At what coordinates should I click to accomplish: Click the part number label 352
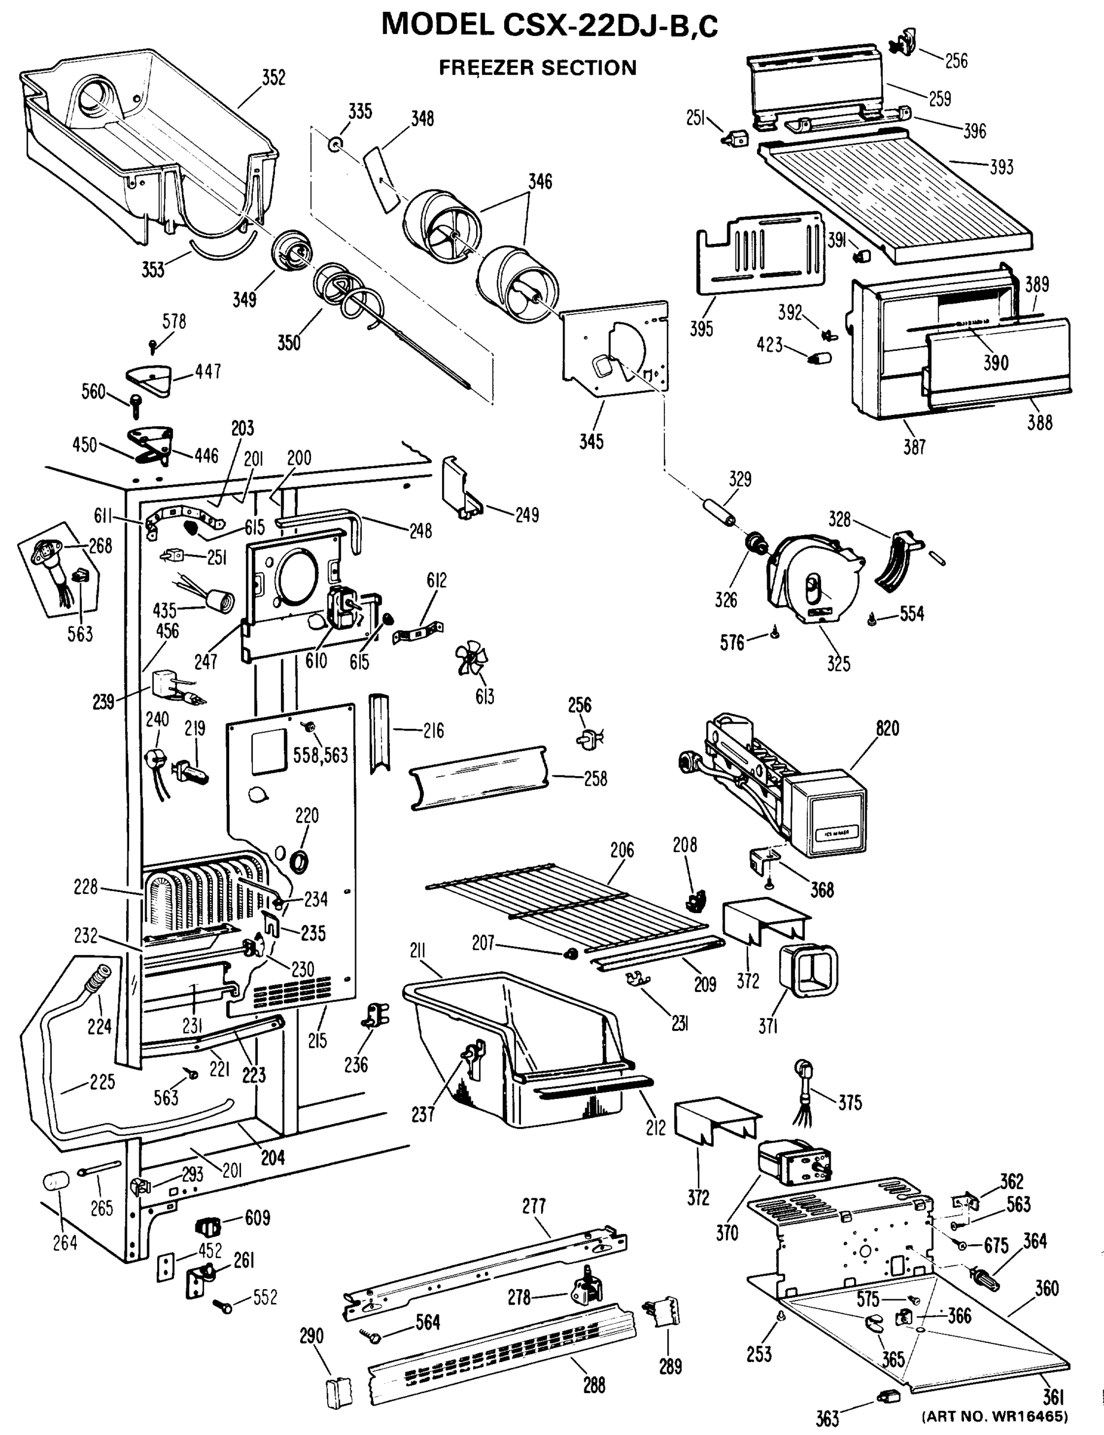[273, 78]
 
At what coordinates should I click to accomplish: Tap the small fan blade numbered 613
[472, 659]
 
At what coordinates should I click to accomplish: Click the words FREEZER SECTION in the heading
[537, 68]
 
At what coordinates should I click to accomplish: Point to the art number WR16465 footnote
[995, 1415]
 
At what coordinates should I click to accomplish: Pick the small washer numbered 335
[336, 143]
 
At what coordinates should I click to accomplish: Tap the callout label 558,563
[320, 755]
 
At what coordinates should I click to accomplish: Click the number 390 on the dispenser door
[996, 362]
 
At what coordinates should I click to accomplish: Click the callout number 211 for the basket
[418, 951]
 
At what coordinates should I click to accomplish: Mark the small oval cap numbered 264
[56, 1180]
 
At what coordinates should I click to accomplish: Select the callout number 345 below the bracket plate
[591, 441]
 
